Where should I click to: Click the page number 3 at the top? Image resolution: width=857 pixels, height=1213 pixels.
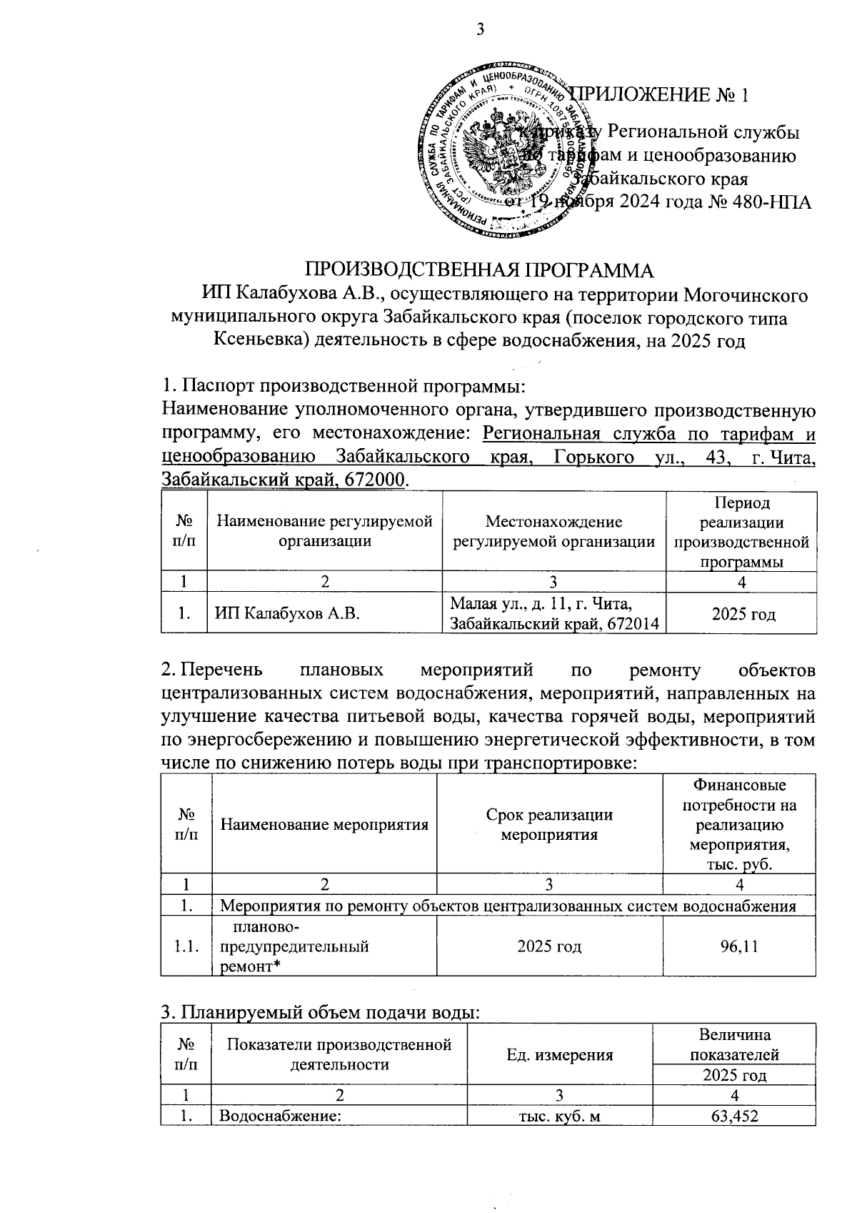tap(479, 29)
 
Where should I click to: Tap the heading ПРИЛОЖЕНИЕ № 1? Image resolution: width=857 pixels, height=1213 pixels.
tap(661, 96)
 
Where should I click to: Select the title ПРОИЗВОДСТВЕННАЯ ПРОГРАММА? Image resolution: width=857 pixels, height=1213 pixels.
tap(479, 271)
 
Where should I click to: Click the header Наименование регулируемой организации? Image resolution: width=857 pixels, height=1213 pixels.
tap(325, 531)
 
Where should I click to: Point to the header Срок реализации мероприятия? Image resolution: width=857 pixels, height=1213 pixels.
tap(549, 824)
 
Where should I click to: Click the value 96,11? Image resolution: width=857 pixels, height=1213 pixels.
tap(738, 946)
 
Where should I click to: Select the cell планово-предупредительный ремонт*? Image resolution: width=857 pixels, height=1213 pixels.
tap(293, 947)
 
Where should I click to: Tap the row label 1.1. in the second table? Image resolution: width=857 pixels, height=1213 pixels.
tap(186, 946)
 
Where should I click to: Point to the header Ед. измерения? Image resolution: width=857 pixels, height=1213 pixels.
tap(559, 1054)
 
